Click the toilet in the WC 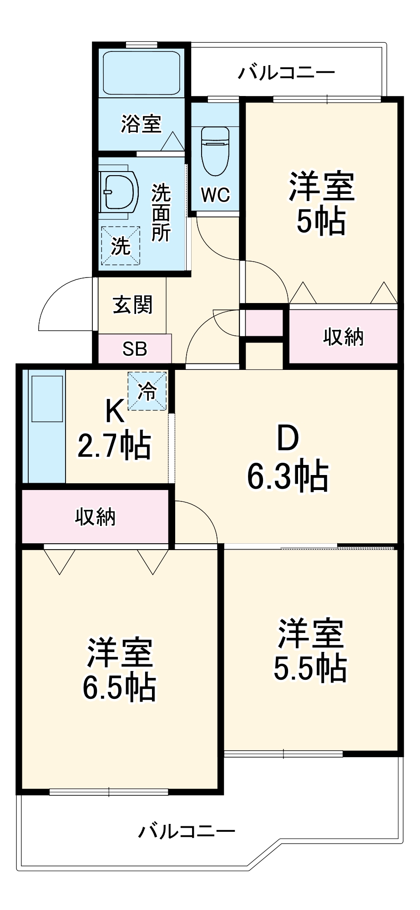(x=215, y=152)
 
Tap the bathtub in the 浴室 (x=142, y=73)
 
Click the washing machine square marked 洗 (x=121, y=246)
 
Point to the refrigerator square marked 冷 (x=147, y=391)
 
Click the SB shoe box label (x=135, y=349)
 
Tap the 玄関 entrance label (x=132, y=304)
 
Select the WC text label (x=215, y=195)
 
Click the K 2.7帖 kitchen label (x=115, y=429)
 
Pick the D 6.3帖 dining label (x=288, y=458)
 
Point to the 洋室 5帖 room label (x=321, y=203)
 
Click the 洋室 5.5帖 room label (x=310, y=651)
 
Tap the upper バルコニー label (x=287, y=72)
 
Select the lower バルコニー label (x=187, y=831)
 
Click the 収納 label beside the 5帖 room (x=343, y=337)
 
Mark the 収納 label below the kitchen (x=96, y=517)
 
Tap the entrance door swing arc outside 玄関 (x=64, y=303)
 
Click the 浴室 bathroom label (x=141, y=123)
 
